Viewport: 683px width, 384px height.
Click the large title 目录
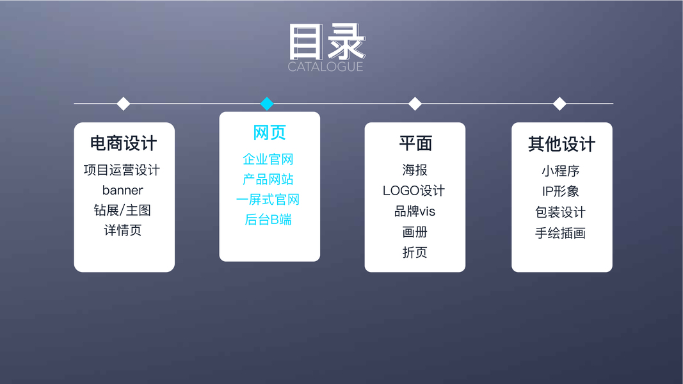(x=326, y=42)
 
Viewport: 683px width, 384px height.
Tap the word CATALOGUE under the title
(x=325, y=67)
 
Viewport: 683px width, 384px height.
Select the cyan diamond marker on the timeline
(x=268, y=104)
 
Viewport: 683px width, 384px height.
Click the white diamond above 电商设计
(x=124, y=104)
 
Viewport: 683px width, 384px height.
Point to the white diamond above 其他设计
(x=559, y=104)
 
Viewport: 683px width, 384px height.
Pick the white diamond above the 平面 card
(x=415, y=104)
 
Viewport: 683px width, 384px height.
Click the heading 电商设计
(x=124, y=143)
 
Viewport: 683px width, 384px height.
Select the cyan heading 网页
(x=269, y=133)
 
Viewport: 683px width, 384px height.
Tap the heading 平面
(x=415, y=143)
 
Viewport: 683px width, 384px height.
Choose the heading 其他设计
(x=561, y=144)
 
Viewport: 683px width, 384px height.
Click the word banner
(x=122, y=190)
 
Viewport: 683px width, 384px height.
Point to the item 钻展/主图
(x=122, y=210)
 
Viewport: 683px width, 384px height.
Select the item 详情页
(x=122, y=230)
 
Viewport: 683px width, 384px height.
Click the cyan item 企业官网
(x=268, y=159)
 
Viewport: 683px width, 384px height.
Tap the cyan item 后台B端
(x=268, y=220)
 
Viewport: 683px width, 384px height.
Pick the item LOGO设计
(x=414, y=191)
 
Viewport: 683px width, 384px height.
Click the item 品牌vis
(x=415, y=211)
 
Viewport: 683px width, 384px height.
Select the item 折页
(x=415, y=252)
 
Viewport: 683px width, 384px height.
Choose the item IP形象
(x=560, y=191)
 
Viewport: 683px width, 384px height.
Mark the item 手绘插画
(x=560, y=233)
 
